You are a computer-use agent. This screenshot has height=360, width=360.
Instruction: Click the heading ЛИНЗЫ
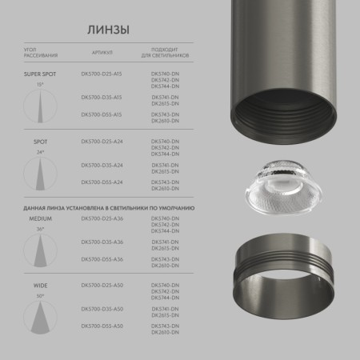(x=106, y=30)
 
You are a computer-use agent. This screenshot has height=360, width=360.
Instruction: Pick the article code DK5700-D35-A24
(x=102, y=166)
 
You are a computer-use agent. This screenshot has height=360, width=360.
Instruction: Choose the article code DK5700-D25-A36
(x=102, y=219)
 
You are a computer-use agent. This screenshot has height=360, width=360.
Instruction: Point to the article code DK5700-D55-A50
(x=102, y=326)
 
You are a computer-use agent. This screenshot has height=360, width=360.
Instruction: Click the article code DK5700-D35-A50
(x=102, y=309)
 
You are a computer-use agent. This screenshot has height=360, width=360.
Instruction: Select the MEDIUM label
(x=36, y=218)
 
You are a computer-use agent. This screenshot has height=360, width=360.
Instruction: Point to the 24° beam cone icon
(x=36, y=172)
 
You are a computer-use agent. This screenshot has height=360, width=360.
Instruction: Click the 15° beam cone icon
(x=36, y=104)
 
